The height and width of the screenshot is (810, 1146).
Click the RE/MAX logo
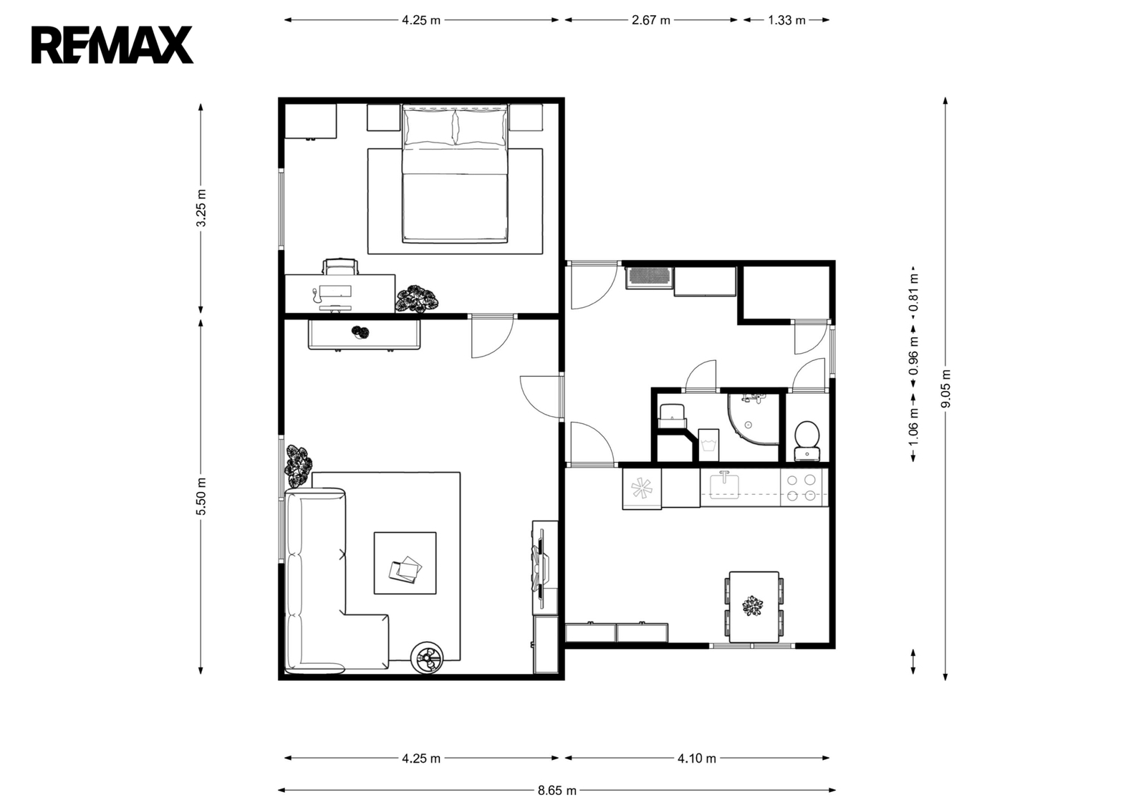112,45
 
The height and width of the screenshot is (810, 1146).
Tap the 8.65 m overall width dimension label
557,791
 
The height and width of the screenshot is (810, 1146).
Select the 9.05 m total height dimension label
945,388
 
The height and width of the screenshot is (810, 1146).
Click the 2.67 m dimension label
651,21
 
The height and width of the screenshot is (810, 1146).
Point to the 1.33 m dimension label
786,21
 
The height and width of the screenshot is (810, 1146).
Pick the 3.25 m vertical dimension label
201,208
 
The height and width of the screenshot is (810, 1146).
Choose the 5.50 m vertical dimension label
201,496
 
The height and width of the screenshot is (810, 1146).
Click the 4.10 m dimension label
697,758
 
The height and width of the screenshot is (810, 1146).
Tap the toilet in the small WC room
807,440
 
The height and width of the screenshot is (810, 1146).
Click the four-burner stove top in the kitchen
804,488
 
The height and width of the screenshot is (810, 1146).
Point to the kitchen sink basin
724,486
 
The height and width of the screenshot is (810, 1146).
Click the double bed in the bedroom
455,173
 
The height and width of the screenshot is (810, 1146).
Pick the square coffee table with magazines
405,563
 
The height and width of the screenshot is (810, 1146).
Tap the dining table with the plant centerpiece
753,607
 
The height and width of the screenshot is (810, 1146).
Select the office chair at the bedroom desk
340,266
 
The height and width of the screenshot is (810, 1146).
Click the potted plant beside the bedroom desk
417,299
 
